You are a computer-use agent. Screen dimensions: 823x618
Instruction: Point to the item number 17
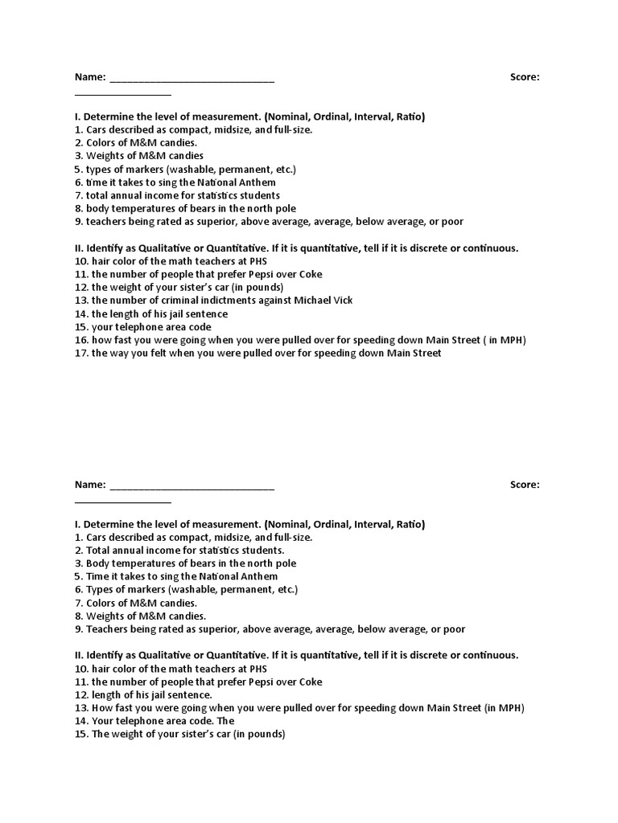80,353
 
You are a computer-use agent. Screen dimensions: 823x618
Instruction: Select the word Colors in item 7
101,603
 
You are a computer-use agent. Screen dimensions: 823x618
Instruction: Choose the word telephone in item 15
136,327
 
